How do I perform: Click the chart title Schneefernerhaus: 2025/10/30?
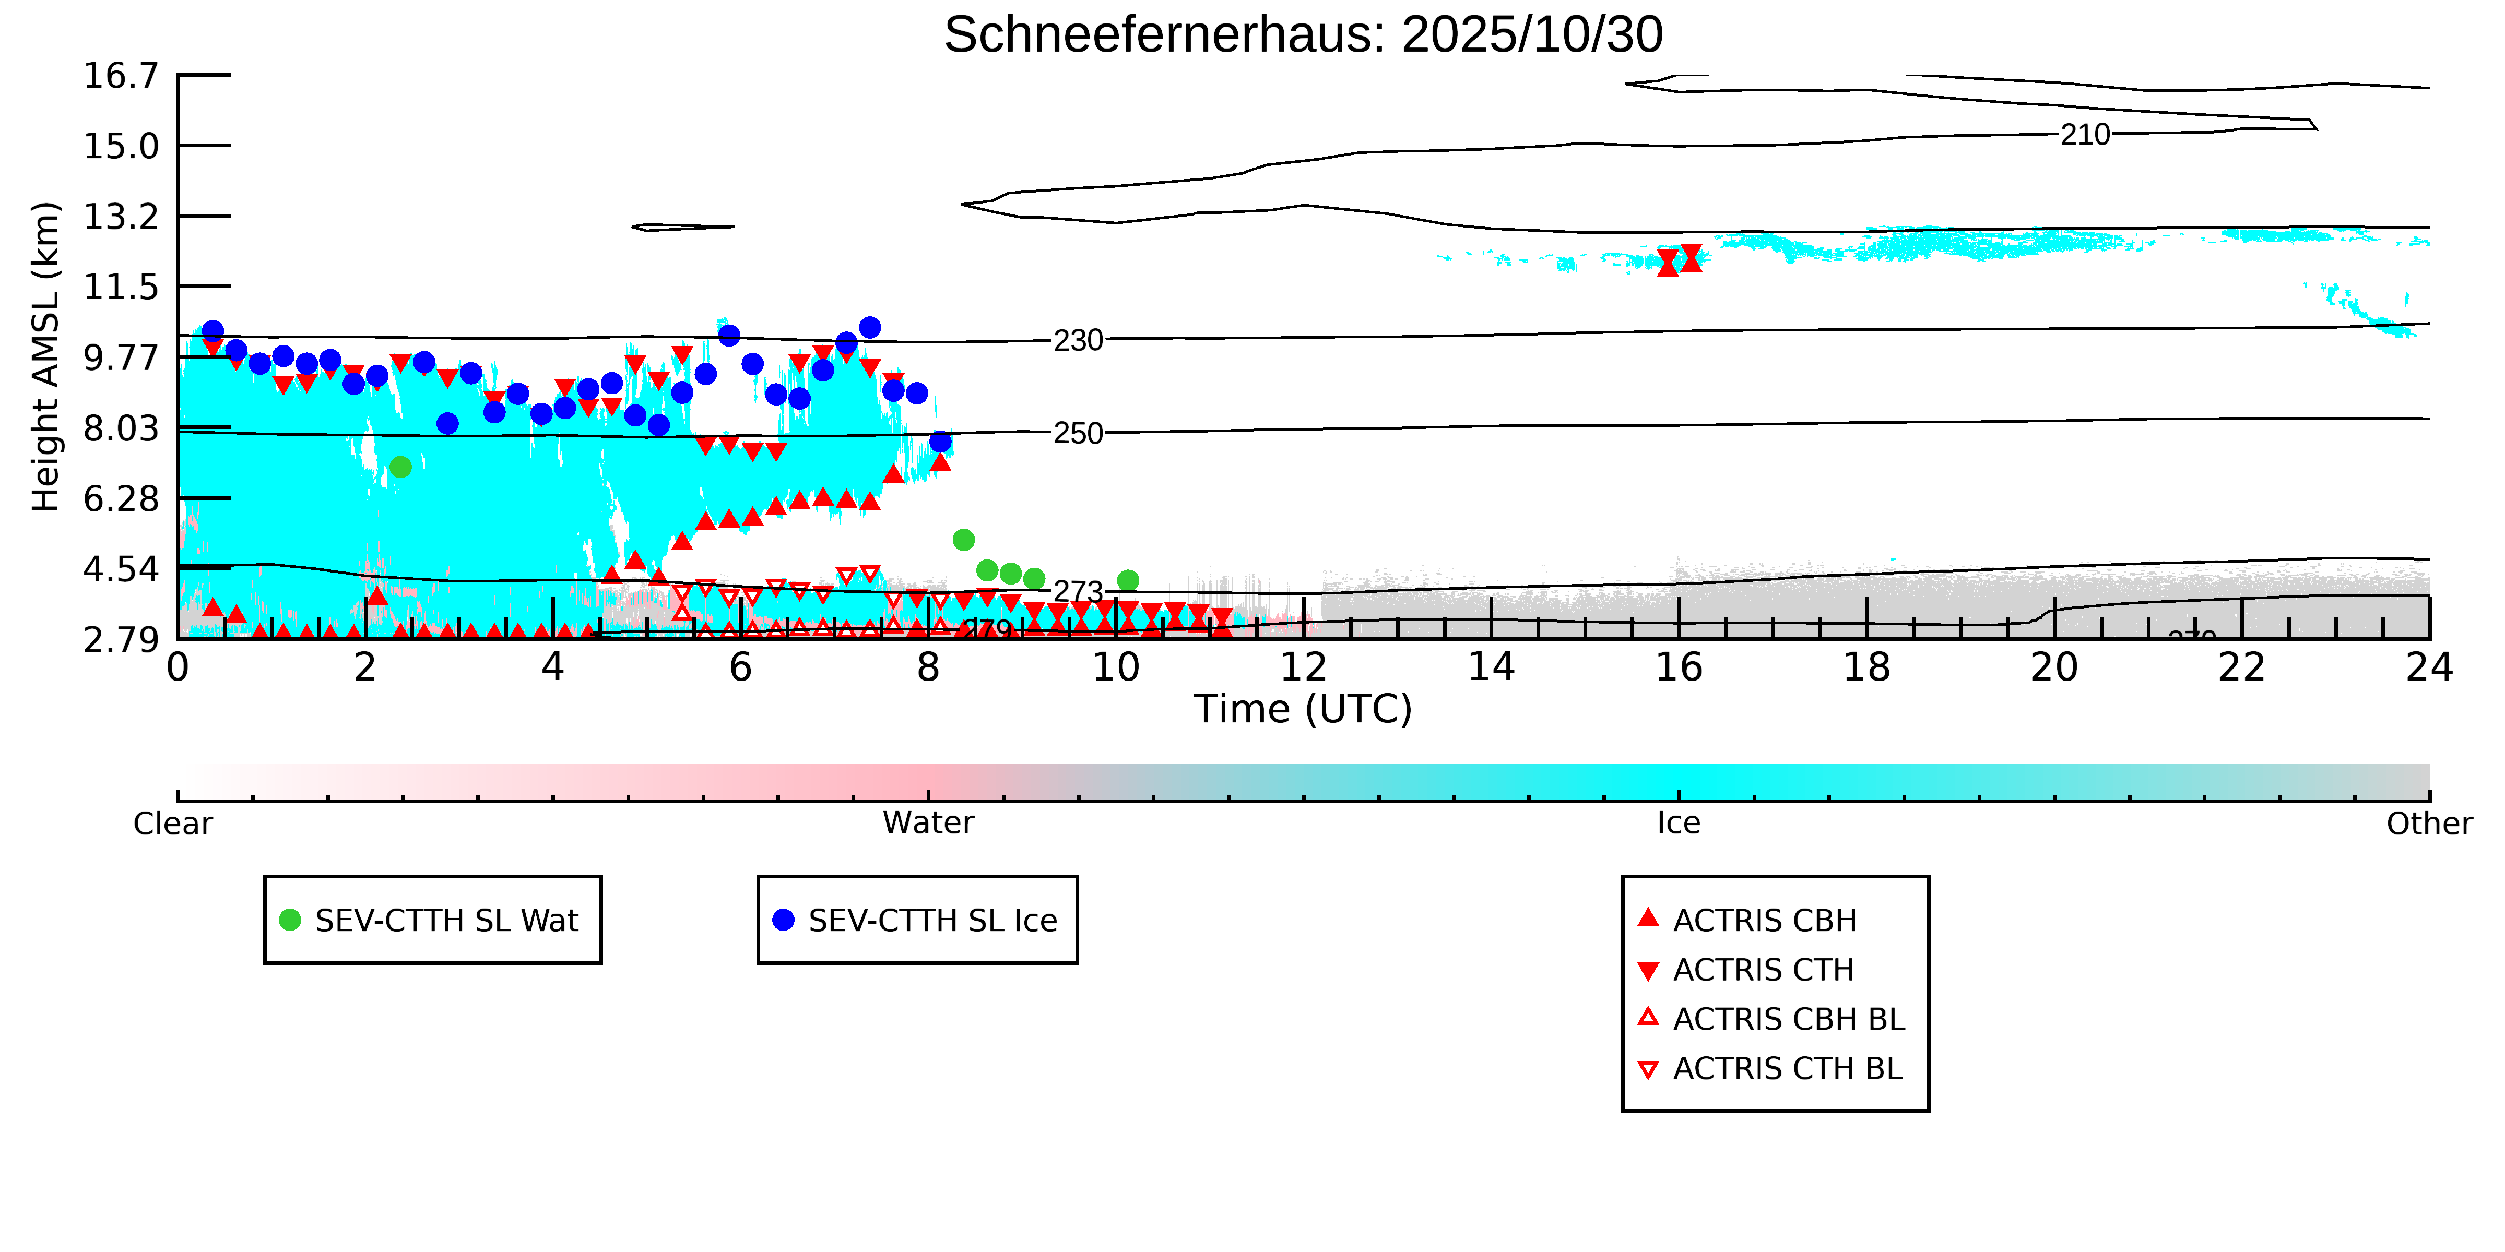point(1303,35)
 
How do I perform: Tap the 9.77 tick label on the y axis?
point(121,357)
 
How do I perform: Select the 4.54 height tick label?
point(121,569)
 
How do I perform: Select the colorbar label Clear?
point(173,824)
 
